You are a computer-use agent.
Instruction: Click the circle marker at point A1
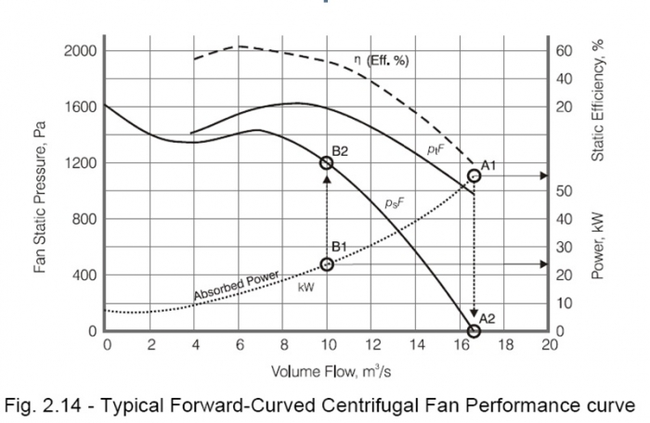coord(474,174)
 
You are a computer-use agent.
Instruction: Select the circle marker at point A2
coord(474,330)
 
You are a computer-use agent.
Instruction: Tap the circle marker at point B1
coord(327,264)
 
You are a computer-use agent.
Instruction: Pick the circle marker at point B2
coord(327,162)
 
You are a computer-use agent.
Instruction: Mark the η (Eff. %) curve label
coord(382,60)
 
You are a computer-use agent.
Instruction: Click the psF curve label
coord(396,201)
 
